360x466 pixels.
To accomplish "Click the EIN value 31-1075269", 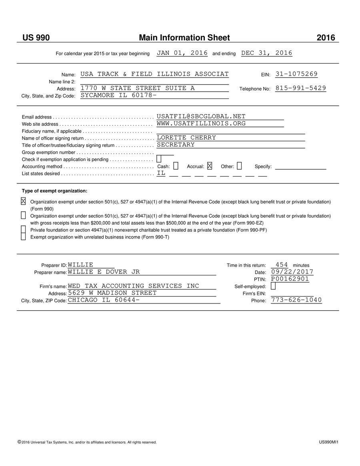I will point(296,74).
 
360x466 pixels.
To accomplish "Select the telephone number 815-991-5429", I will point(301,88).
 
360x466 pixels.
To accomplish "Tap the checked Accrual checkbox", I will point(210,166).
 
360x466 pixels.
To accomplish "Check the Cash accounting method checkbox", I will point(176,166).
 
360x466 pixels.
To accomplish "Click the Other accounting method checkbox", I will point(239,166).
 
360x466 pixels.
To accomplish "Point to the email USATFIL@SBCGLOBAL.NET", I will point(201,116).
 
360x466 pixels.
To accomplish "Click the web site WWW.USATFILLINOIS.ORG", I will point(201,123).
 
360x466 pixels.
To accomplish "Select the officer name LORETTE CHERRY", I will point(186,138).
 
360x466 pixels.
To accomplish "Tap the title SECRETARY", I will point(176,145).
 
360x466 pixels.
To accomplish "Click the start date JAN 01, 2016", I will point(182,53).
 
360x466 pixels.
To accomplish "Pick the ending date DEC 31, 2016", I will point(267,53).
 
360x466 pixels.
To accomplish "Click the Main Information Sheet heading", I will point(184,38).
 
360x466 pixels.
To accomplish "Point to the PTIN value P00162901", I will point(290,279).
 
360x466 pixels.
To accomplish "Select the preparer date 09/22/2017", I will point(292,272).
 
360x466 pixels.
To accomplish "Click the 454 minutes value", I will point(282,265).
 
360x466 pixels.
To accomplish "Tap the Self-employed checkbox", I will point(273,286).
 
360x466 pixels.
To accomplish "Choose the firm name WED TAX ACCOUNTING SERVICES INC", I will point(133,286).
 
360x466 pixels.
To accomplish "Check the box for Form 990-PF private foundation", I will point(23,229).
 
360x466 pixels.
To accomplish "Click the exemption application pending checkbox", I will point(159,159).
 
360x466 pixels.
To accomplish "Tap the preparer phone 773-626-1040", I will point(296,300).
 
